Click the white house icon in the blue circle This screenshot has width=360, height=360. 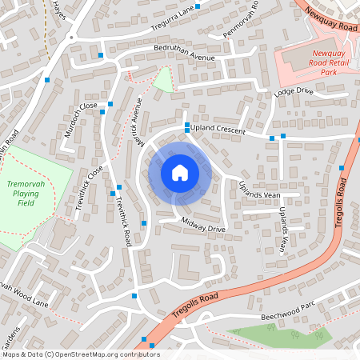(180, 172)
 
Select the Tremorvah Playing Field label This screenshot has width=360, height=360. (27, 193)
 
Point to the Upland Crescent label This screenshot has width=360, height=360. (219, 130)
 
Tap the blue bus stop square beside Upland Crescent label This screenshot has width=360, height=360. (186, 127)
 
